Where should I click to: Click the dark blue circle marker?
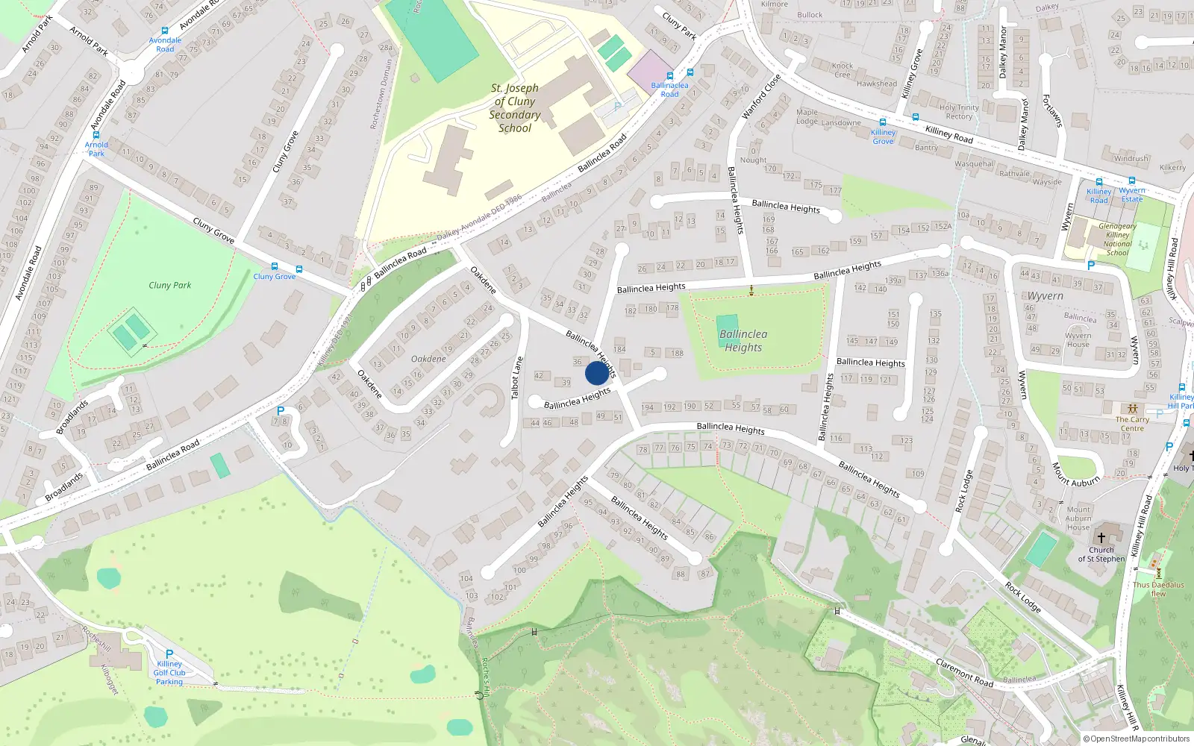597,373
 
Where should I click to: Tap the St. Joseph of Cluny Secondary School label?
515,108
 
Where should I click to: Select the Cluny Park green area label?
169,285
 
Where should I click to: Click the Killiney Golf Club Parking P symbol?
169,654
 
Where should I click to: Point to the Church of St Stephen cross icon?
1101,537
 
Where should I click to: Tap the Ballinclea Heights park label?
743,341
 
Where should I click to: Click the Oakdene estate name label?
428,359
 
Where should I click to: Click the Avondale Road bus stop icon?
165,31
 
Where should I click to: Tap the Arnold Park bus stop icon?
96,136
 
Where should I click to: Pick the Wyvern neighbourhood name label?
1045,296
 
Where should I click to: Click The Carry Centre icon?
1132,409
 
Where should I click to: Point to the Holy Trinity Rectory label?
959,112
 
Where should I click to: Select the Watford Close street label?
761,97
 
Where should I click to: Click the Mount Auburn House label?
1078,518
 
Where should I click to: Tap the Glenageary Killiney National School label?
1117,239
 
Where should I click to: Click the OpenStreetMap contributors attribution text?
1137,739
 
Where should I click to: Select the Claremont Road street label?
964,673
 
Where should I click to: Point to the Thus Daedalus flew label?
1158,589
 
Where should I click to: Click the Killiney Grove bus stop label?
883,137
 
